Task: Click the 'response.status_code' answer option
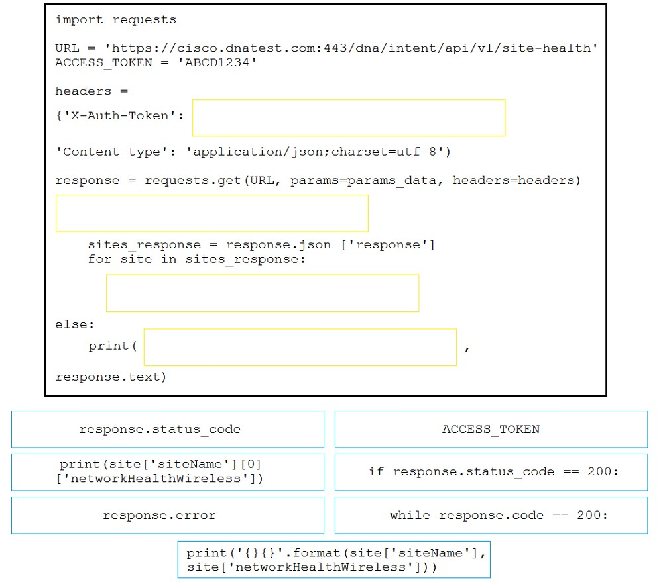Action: (168, 429)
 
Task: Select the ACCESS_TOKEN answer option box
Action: (491, 429)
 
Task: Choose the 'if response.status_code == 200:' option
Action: (491, 472)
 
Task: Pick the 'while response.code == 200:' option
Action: (491, 515)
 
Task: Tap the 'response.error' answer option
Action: (168, 515)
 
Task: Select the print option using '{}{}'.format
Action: (333, 559)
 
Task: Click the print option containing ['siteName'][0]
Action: (168, 472)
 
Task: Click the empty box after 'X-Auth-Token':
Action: (349, 118)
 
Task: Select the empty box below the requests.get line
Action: (212, 213)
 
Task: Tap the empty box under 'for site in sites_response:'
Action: (263, 293)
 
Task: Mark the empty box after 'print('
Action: (300, 347)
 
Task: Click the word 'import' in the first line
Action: (79, 20)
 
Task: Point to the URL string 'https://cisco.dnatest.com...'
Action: (351, 48)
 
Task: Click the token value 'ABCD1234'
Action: (217, 62)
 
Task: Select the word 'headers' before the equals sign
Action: (84, 91)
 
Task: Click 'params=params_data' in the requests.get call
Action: (363, 181)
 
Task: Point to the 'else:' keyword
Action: (75, 324)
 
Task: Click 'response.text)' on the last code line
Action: (111, 377)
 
